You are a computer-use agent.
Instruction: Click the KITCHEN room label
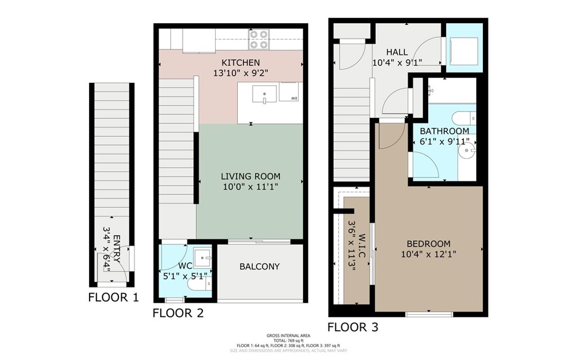coord(241,63)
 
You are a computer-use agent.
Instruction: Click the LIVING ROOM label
coord(250,176)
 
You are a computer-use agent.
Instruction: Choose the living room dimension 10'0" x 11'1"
coord(250,186)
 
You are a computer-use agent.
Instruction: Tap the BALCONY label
coord(259,266)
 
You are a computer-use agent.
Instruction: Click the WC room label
coord(186,266)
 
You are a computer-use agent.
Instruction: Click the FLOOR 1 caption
coord(113,297)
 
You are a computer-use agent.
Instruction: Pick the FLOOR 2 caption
coord(177,313)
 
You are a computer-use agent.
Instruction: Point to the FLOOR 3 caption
coord(353,327)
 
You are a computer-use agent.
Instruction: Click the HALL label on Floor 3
coord(397,52)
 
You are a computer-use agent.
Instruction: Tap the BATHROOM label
coord(444,131)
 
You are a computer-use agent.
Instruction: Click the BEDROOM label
coord(429,244)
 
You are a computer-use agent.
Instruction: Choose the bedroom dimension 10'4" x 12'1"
coord(429,254)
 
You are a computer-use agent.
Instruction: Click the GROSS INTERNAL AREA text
coord(288,336)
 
